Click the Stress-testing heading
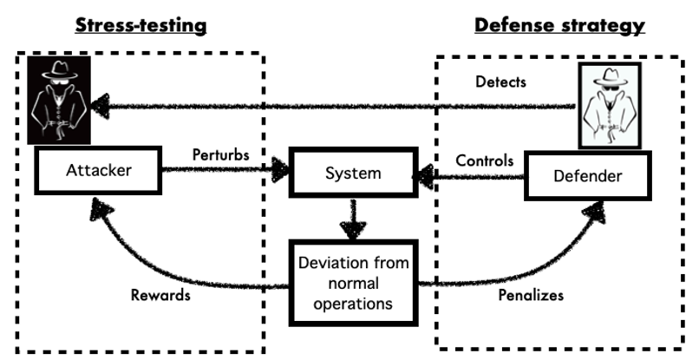click(x=140, y=25)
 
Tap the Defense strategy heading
click(x=559, y=26)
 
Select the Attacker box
click(x=99, y=170)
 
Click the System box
click(x=354, y=173)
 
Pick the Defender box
click(x=587, y=176)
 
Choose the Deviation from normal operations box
click(x=354, y=284)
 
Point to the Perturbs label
click(x=220, y=154)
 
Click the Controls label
click(x=485, y=160)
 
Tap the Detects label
click(x=500, y=82)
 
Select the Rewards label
click(x=160, y=295)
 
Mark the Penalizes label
click(x=531, y=295)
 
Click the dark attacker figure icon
click(x=59, y=100)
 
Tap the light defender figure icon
click(x=610, y=106)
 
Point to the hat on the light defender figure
click(x=611, y=76)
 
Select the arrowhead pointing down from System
click(x=353, y=230)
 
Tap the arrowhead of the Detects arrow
click(x=101, y=106)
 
